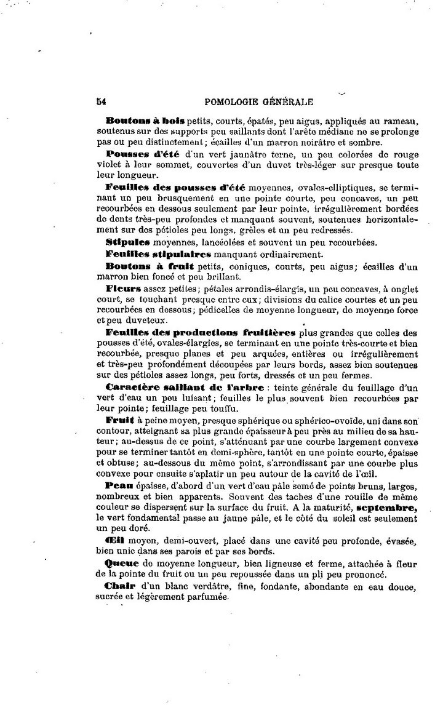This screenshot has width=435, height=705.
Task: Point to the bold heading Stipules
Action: click(x=127, y=242)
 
